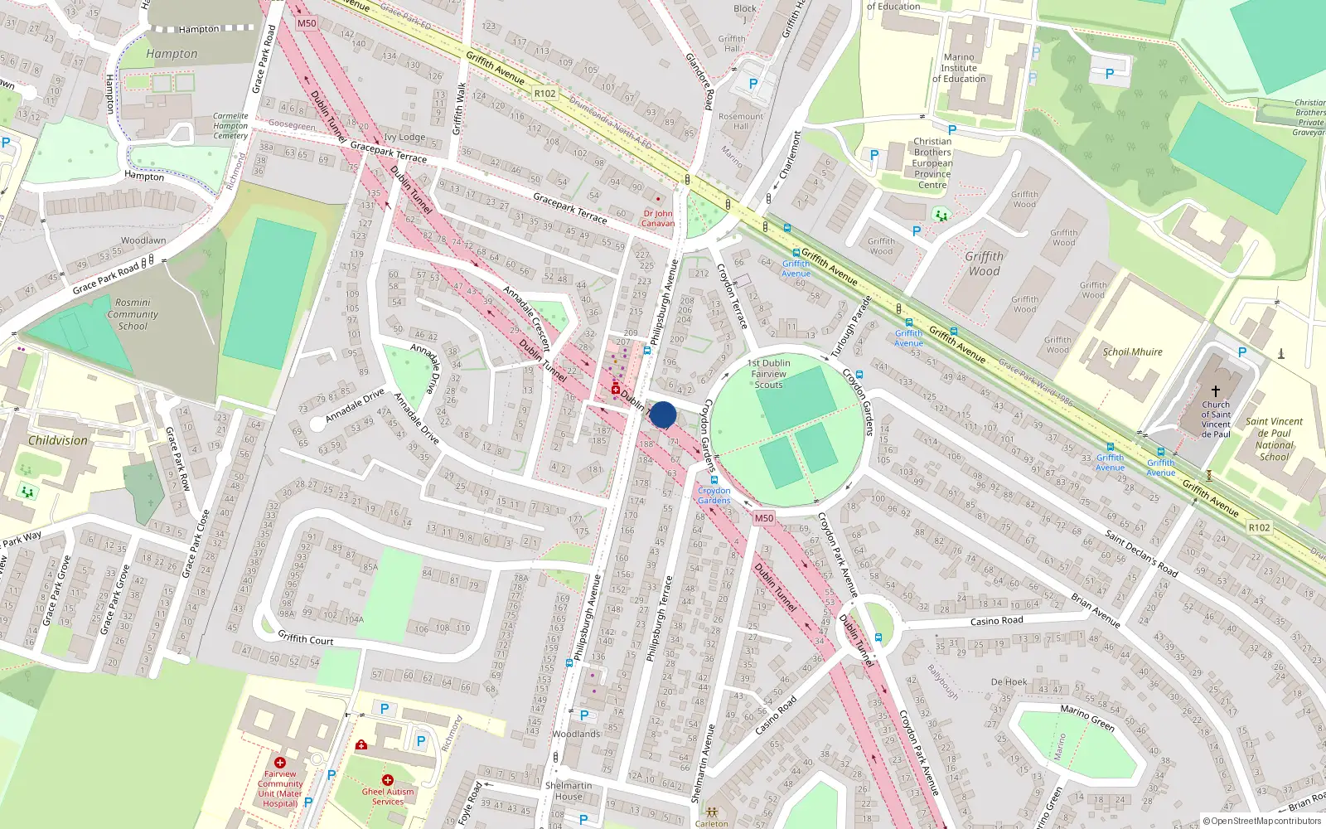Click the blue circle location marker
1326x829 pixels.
click(663, 414)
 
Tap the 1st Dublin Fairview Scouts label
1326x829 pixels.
click(768, 374)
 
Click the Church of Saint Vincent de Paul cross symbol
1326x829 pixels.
click(1216, 390)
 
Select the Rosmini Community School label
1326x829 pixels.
click(133, 314)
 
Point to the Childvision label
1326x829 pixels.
click(58, 440)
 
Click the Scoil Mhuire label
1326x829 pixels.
click(1132, 351)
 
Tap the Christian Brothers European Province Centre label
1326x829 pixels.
click(932, 163)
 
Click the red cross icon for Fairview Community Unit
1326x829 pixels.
click(280, 763)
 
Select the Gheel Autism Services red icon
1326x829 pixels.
click(387, 780)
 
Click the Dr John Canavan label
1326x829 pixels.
click(658, 218)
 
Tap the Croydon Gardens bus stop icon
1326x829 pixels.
click(714, 480)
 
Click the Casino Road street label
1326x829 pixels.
click(996, 621)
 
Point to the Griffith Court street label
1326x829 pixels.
click(305, 638)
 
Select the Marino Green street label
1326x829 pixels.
click(1087, 717)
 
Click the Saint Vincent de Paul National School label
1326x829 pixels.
click(1274, 439)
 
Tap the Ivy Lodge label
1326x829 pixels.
click(404, 138)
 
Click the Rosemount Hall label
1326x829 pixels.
click(741, 121)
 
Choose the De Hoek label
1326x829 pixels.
click(1009, 682)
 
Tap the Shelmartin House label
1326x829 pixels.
click(569, 791)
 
